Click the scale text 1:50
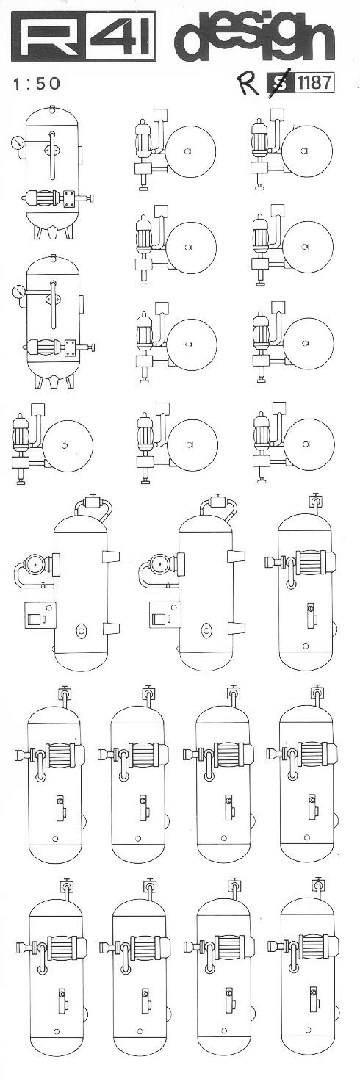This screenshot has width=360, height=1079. point(37,83)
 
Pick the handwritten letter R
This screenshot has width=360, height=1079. point(250,83)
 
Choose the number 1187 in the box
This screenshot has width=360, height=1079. point(314,83)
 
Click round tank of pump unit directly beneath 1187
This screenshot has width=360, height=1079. point(305,151)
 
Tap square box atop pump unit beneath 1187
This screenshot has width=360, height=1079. point(278,115)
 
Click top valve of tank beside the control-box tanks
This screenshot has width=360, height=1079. point(316,500)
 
